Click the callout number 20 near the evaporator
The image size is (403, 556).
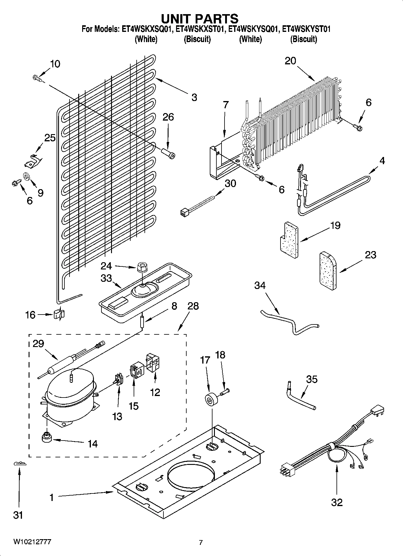[290, 61]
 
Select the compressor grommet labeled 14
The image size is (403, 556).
[47, 438]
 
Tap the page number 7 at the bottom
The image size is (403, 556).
[201, 542]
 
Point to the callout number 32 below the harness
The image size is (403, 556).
[337, 502]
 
